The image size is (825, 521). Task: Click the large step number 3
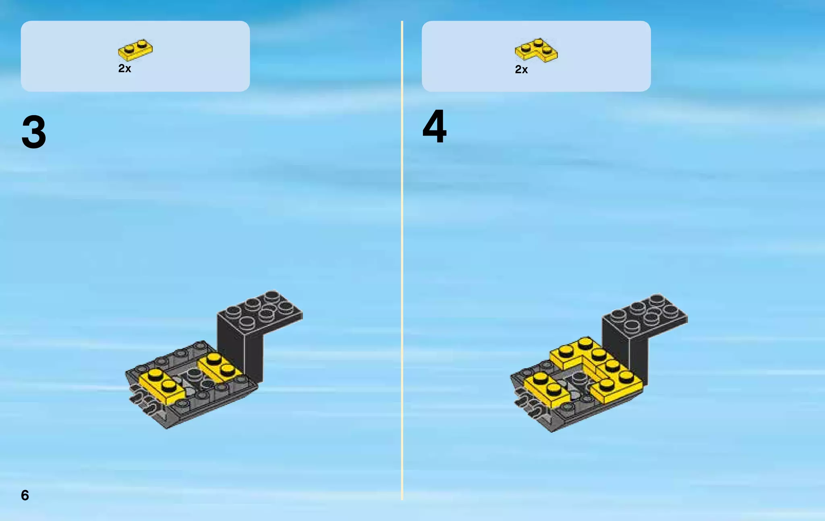coord(34,132)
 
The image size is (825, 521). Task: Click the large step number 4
coord(434,127)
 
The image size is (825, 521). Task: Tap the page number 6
coord(25,495)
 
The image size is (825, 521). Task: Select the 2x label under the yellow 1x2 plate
coord(124,68)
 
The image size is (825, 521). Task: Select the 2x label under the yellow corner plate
coord(521,70)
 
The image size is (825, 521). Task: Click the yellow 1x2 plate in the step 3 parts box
coord(135,50)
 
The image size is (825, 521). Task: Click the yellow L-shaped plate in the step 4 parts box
coord(537,50)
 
